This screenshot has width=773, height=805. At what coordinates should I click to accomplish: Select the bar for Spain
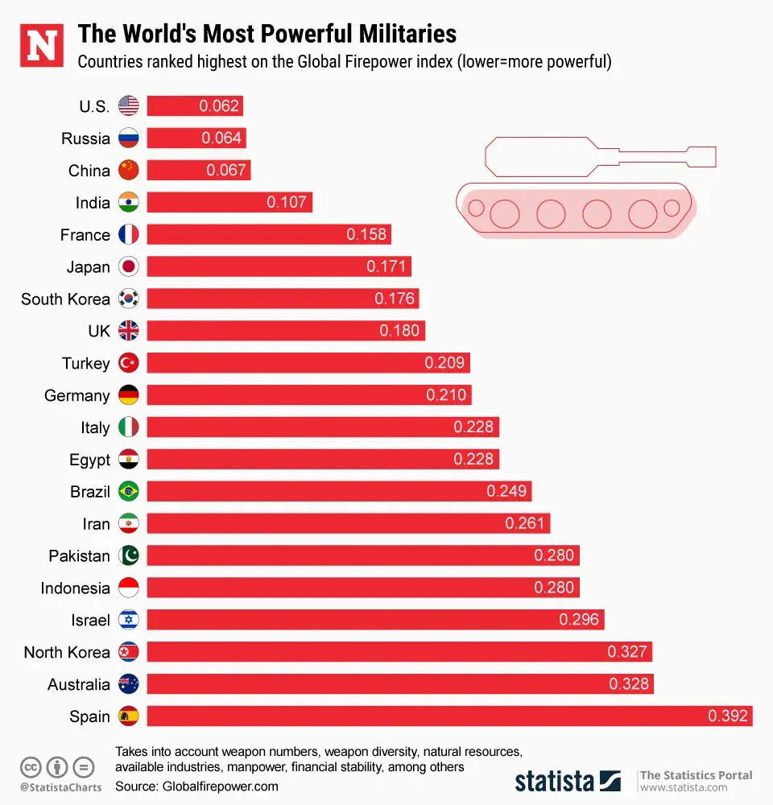(449, 716)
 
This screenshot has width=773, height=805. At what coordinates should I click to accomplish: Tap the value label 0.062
(219, 106)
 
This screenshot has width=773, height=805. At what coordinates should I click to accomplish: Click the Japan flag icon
(129, 266)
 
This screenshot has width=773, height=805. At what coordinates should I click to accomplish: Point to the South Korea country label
(65, 299)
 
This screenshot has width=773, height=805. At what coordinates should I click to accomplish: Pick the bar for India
(229, 202)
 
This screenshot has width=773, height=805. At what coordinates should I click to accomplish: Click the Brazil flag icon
(129, 491)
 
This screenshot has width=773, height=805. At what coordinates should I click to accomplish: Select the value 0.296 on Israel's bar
(579, 620)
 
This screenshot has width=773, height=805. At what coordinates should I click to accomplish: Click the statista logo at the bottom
(567, 780)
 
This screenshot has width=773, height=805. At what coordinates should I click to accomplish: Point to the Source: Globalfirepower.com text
(196, 786)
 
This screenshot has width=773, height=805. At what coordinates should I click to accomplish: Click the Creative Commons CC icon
(31, 766)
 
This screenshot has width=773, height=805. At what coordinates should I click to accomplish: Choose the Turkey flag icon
(129, 363)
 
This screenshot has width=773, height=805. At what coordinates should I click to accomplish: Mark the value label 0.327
(627, 652)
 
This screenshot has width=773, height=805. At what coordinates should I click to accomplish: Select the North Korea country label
(67, 652)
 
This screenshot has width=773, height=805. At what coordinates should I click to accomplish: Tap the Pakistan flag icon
(129, 555)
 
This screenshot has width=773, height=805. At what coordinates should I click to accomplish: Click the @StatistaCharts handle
(61, 787)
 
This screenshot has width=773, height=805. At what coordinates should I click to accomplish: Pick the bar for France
(268, 234)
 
